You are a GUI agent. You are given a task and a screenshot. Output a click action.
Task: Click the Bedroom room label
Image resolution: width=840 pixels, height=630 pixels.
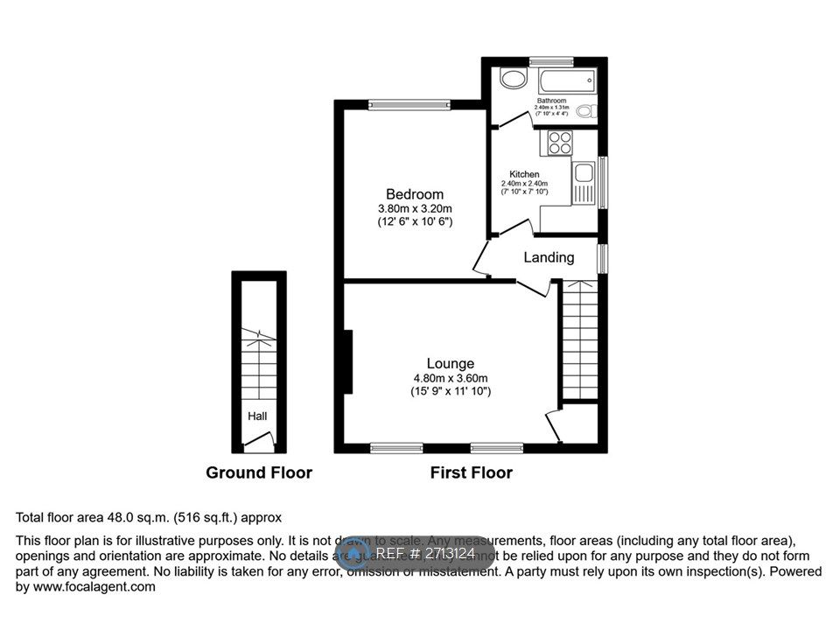(415, 193)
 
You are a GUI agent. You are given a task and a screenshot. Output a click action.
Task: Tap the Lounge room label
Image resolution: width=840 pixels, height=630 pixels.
(451, 363)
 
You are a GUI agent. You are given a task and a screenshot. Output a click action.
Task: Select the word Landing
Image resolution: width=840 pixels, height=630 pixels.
(549, 257)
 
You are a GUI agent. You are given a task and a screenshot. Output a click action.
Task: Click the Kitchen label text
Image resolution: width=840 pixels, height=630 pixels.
(524, 174)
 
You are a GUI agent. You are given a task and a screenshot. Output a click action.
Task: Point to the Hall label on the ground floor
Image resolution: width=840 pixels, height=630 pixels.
(257, 416)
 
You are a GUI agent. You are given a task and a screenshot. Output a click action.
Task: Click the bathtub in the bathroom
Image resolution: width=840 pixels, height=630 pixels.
(568, 83)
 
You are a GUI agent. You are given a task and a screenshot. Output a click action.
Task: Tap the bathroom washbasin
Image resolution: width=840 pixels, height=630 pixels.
(512, 80)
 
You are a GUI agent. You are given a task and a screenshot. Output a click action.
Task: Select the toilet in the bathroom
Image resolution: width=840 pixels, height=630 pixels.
(591, 112)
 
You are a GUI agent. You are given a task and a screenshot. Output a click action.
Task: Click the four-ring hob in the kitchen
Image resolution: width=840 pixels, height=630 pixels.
(558, 142)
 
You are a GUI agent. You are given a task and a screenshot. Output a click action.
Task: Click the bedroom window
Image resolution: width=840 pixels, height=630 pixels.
(408, 105)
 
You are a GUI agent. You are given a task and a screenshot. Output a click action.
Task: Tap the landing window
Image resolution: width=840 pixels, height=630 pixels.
(602, 257)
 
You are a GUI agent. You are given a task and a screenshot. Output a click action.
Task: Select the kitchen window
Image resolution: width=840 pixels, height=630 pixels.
(602, 182)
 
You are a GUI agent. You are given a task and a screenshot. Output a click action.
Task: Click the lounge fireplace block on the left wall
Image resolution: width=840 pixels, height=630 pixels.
(347, 361)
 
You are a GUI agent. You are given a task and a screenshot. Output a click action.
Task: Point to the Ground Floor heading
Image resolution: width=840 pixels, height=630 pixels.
(259, 472)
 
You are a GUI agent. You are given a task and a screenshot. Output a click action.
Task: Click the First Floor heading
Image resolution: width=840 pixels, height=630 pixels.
(471, 472)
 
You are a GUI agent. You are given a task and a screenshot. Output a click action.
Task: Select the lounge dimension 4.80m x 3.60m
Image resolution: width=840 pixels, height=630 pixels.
(451, 379)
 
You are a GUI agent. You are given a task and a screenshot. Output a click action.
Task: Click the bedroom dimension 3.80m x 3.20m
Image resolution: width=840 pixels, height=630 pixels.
(415, 209)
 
